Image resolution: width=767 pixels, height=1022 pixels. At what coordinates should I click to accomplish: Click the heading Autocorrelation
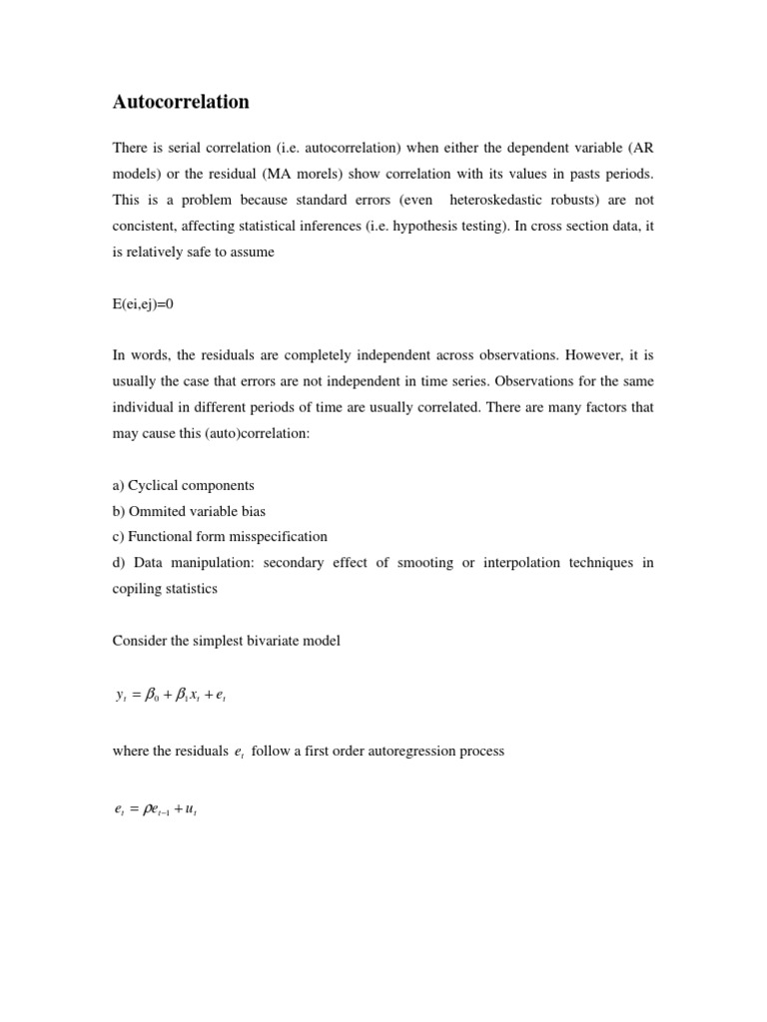(181, 102)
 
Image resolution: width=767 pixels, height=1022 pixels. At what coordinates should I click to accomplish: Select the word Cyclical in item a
(156, 485)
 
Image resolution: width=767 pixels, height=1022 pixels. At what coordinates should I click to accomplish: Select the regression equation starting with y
(176, 696)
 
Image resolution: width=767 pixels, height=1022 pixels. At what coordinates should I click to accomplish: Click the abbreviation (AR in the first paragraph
(641, 148)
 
